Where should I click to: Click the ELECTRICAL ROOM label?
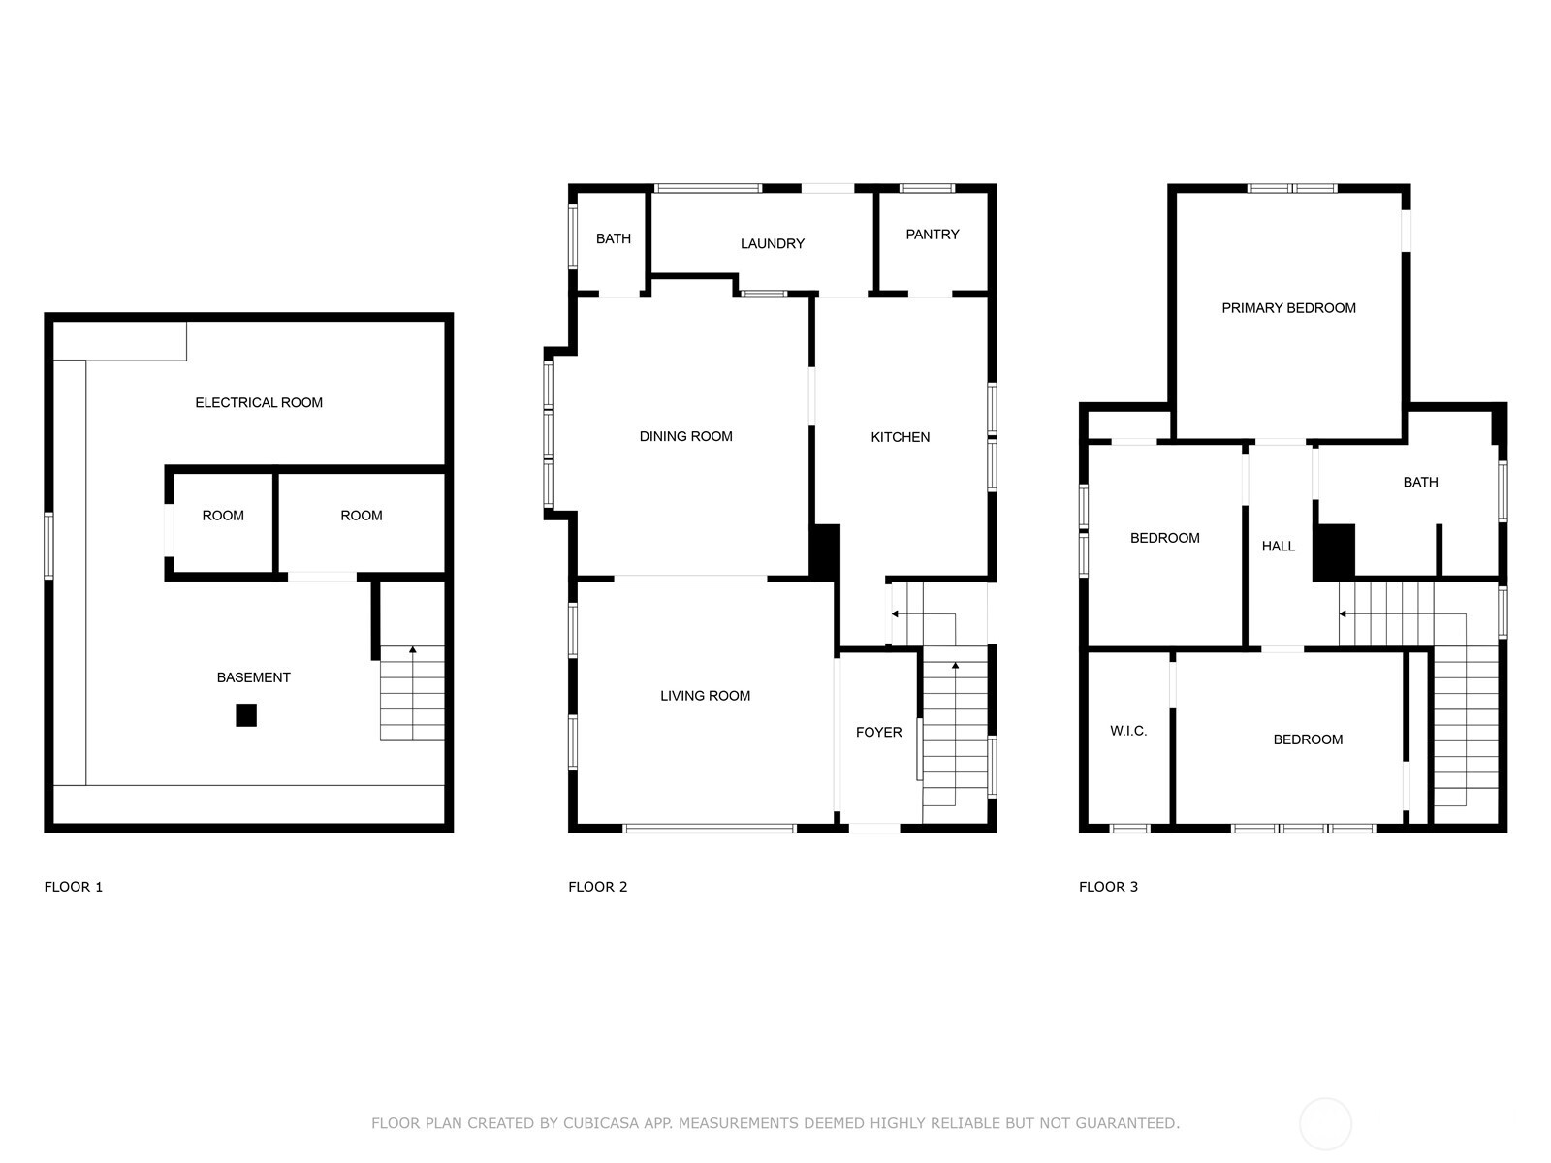(259, 402)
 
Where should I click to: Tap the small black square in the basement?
(246, 715)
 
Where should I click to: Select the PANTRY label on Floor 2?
(932, 235)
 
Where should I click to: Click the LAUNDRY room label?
(772, 244)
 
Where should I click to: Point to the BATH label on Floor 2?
(613, 238)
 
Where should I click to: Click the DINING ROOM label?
(685, 436)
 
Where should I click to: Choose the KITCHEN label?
(900, 437)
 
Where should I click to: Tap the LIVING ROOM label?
(705, 696)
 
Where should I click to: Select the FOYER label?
(878, 732)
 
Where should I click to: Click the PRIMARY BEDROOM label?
(1288, 308)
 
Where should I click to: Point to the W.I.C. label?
(1128, 731)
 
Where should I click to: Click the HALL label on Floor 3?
(1278, 547)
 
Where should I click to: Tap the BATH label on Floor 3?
(1420, 482)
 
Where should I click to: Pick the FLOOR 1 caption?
(74, 887)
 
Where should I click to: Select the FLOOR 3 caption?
(1108, 887)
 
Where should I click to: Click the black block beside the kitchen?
(825, 552)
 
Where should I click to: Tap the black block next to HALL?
(1335, 552)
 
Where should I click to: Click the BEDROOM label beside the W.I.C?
(1308, 739)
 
